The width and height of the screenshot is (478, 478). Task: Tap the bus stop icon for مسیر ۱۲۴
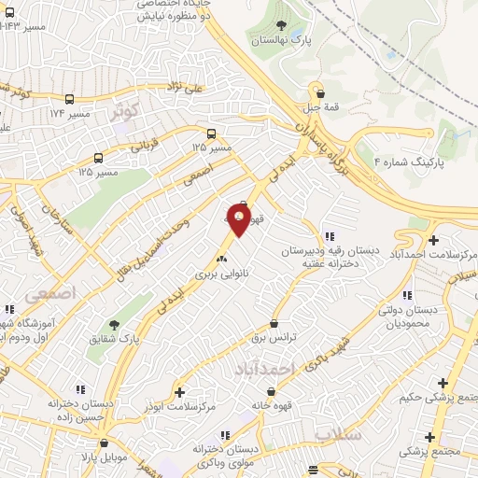click(x=71, y=99)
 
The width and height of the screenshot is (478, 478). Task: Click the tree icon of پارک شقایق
click(x=114, y=325)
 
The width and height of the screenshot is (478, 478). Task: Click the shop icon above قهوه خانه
click(x=254, y=391)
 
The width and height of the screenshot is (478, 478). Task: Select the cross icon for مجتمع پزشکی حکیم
click(x=443, y=383)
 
